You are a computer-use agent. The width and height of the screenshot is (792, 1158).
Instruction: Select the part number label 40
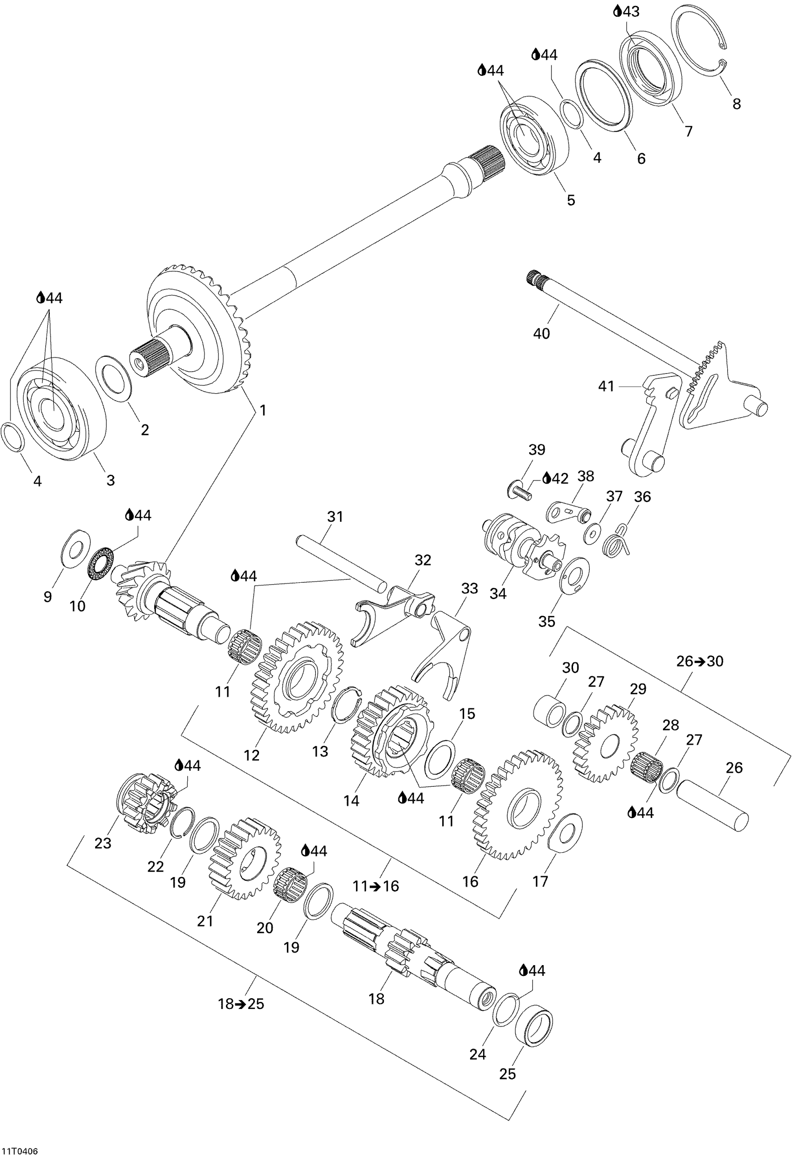click(x=541, y=334)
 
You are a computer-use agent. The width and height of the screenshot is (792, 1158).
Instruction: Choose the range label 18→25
click(x=241, y=1003)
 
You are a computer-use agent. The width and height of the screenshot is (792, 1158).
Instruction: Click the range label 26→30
click(x=700, y=661)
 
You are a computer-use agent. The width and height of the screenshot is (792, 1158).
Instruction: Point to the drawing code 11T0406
click(x=19, y=1151)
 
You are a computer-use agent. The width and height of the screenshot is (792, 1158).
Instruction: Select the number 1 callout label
click(x=263, y=410)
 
